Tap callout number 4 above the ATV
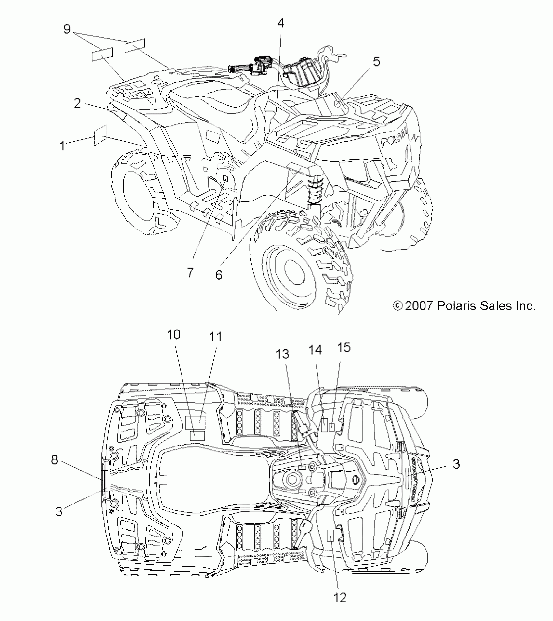pyautogui.click(x=281, y=23)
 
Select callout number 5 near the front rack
pyautogui.click(x=376, y=61)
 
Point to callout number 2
pyautogui.click(x=77, y=103)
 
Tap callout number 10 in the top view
pyautogui.click(x=174, y=334)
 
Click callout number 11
pyautogui.click(x=215, y=337)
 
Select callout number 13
pyautogui.click(x=282, y=354)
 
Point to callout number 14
pyautogui.click(x=315, y=350)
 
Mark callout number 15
pyautogui.click(x=344, y=347)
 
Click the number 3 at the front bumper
pyautogui.click(x=456, y=464)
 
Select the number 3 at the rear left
pyautogui.click(x=59, y=512)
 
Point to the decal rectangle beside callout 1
pyautogui.click(x=100, y=135)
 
